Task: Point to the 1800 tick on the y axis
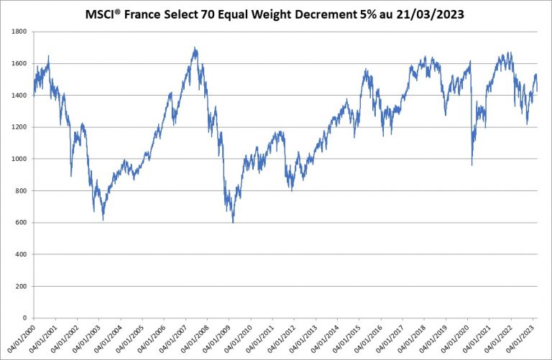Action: [x=18, y=32]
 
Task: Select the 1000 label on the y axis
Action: [x=18, y=159]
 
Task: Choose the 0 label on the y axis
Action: [x=24, y=318]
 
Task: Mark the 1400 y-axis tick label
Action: [x=18, y=96]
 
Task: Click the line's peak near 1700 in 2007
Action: [x=195, y=48]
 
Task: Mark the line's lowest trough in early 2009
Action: [x=233, y=222]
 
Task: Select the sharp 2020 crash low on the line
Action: [x=471, y=165]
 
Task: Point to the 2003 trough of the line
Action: [x=103, y=219]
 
